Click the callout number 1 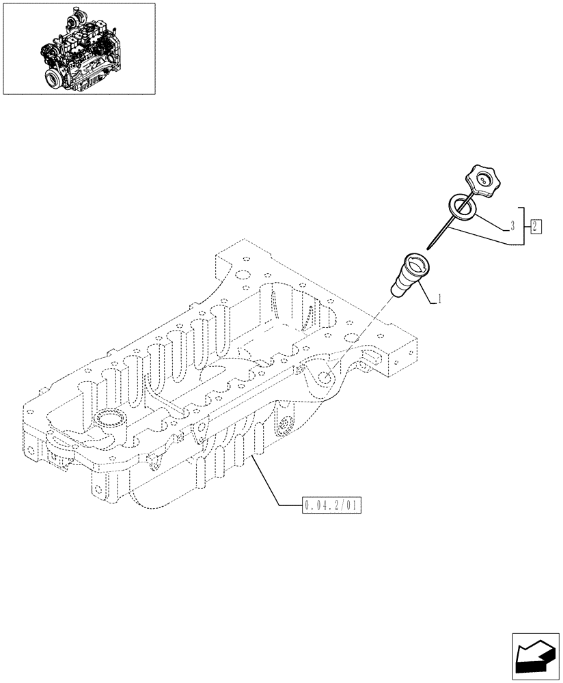(439, 298)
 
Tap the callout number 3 (511, 225)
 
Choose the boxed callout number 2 (536, 225)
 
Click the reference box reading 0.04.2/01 (331, 506)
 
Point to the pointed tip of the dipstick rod (428, 247)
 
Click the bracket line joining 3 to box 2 (523, 225)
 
